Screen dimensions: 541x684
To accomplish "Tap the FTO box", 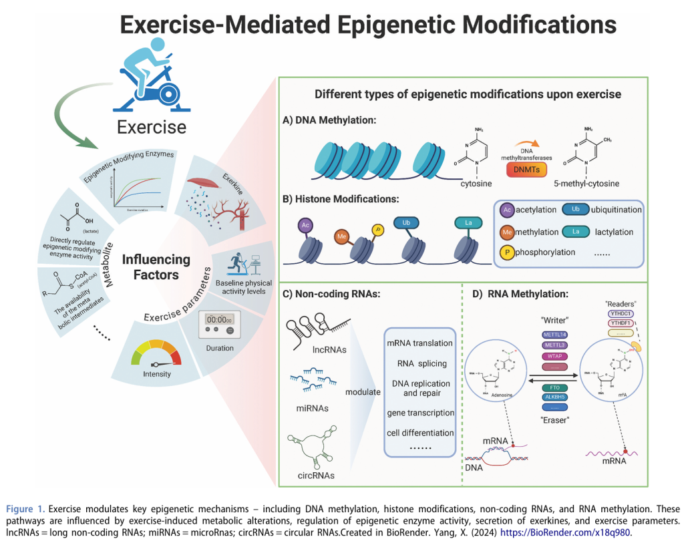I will [x=550, y=387].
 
